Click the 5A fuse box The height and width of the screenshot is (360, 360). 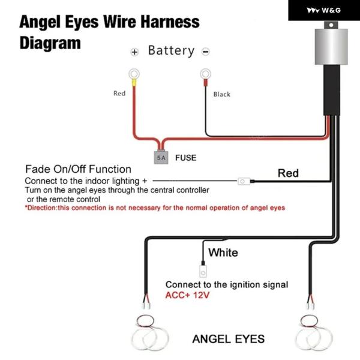tap(161, 158)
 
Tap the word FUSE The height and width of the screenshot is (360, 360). tap(185, 158)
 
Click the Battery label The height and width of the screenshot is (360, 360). tap(171, 50)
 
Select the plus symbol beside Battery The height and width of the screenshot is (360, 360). tap(135, 52)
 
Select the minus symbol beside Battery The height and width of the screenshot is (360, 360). tap(206, 52)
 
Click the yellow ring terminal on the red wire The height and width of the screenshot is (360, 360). tap(133, 75)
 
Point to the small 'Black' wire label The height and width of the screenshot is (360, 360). tap(221, 94)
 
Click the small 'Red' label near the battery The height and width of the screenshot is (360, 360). tap(119, 94)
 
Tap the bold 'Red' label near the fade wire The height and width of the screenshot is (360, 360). tap(288, 173)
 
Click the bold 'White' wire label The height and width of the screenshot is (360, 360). tap(223, 252)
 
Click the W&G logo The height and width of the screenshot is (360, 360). tap(324, 10)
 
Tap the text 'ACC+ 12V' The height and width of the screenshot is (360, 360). tap(188, 295)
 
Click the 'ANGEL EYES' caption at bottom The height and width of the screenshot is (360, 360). tap(228, 339)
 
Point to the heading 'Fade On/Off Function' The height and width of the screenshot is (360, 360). tap(78, 169)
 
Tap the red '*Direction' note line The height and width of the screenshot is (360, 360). tap(155, 208)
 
